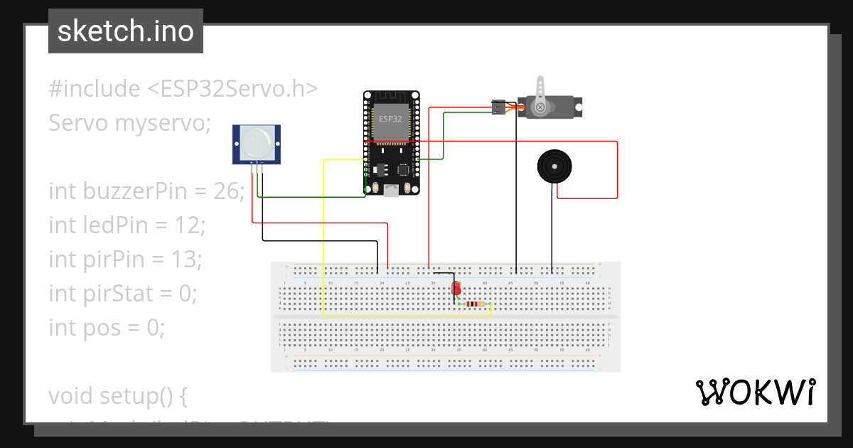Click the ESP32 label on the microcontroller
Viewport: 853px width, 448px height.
click(390, 119)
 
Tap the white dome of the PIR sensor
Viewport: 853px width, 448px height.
click(255, 143)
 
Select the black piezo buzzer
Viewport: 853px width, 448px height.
click(553, 166)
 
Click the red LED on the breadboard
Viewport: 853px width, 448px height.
click(456, 289)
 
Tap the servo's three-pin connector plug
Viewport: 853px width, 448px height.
click(500, 107)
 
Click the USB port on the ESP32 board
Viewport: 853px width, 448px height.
click(390, 190)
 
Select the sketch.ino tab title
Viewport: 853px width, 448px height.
click(126, 31)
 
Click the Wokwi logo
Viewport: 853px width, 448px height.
click(755, 393)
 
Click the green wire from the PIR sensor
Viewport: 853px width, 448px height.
click(313, 196)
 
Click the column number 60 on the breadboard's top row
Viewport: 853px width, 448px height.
click(587, 283)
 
